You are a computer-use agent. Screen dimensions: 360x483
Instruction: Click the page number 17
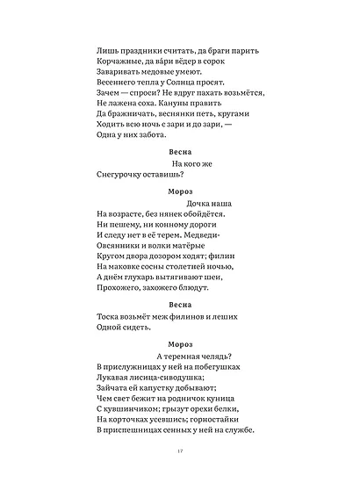178,451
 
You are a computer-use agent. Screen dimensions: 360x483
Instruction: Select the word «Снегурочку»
119,176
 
